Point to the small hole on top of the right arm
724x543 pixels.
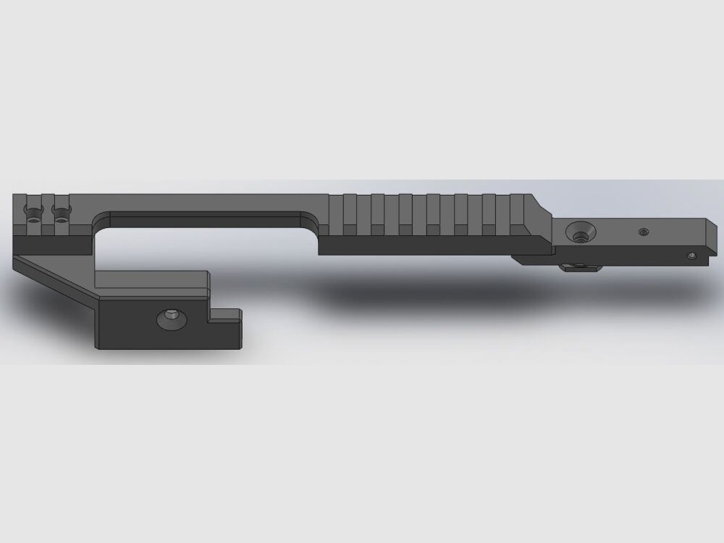click(x=643, y=232)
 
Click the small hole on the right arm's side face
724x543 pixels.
click(x=691, y=256)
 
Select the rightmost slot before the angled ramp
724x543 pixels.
click(x=517, y=214)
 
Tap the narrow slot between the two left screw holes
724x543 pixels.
click(x=47, y=211)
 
